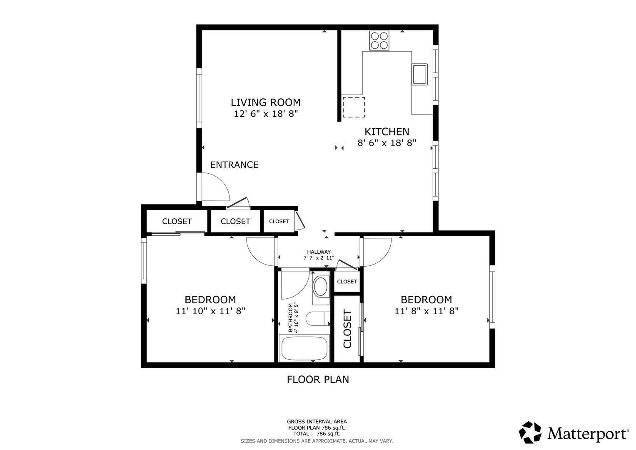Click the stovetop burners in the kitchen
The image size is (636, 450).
click(x=379, y=41)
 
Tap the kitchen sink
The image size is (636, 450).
click(x=420, y=74)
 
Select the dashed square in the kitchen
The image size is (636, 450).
click(x=354, y=107)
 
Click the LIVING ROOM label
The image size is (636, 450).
click(x=265, y=102)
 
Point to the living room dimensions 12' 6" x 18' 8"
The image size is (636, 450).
click(x=266, y=114)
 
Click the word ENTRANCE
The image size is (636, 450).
click(x=234, y=165)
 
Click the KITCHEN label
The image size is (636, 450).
click(x=387, y=132)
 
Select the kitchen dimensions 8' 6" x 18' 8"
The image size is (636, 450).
click(x=387, y=143)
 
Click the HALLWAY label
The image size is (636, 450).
click(x=319, y=252)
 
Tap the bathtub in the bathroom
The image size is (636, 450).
click(x=304, y=348)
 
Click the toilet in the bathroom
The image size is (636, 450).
click(x=318, y=319)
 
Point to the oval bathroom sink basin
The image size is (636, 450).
click(x=321, y=287)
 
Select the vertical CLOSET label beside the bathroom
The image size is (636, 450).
click(x=347, y=329)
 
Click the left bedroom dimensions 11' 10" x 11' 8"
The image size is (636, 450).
click(x=210, y=311)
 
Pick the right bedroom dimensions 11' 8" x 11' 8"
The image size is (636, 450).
click(x=426, y=311)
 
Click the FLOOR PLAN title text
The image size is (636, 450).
click(x=318, y=380)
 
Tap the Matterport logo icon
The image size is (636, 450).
click(x=530, y=432)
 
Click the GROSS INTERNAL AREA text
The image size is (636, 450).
click(x=317, y=422)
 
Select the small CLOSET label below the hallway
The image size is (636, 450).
click(x=347, y=282)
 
